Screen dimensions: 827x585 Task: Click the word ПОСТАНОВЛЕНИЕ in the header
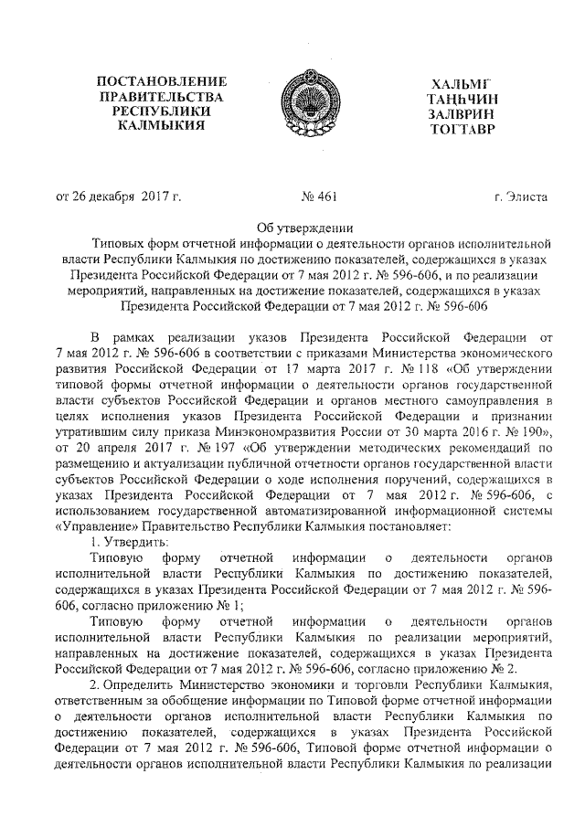pyautogui.click(x=161, y=82)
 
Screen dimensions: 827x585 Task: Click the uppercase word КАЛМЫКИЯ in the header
pyautogui.click(x=161, y=126)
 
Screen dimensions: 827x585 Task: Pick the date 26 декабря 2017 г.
pyautogui.click(x=127, y=196)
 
